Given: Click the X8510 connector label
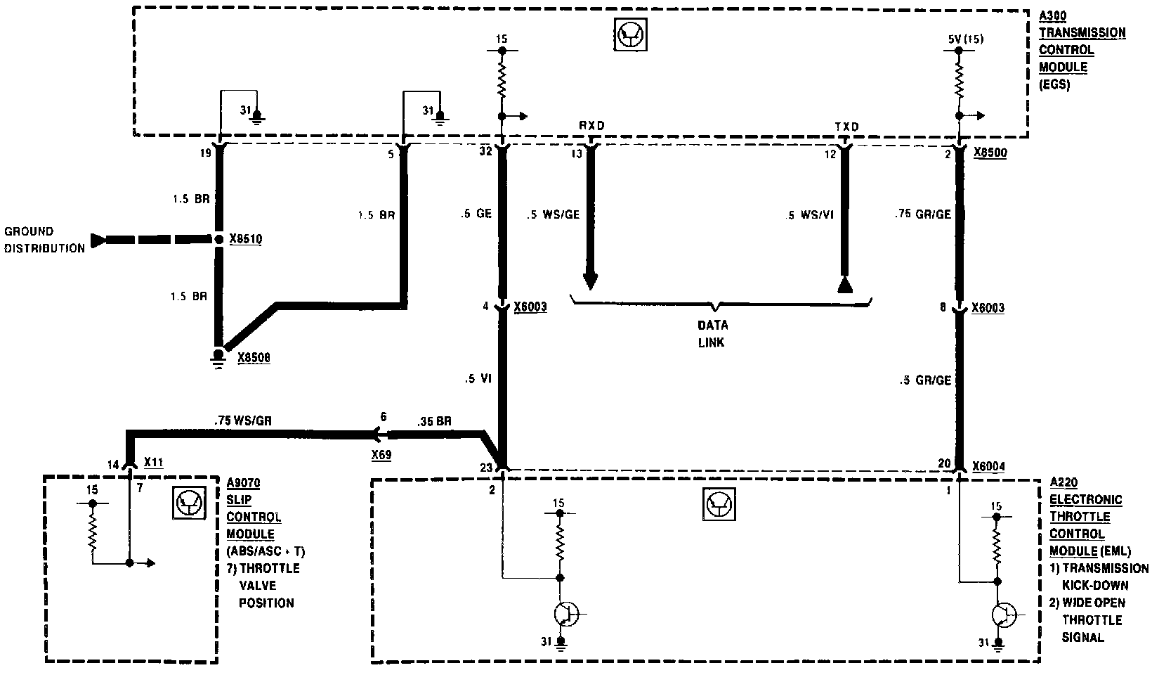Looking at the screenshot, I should pyautogui.click(x=245, y=239).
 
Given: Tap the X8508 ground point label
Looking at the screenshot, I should pyautogui.click(x=254, y=358).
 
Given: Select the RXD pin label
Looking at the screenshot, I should pyautogui.click(x=591, y=126).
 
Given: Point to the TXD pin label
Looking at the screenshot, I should pyautogui.click(x=846, y=127).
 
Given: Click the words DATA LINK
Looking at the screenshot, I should pyautogui.click(x=712, y=334).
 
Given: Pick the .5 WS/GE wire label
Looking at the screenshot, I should pyautogui.click(x=553, y=214).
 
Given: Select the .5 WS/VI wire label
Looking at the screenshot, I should pyautogui.click(x=809, y=215).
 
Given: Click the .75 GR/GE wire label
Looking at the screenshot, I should pyautogui.click(x=923, y=214).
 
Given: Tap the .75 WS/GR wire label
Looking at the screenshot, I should pyautogui.click(x=243, y=421).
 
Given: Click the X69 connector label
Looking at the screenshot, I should pyautogui.click(x=381, y=455).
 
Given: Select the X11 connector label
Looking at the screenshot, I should pyautogui.click(x=154, y=463).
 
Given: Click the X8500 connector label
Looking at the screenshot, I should pyautogui.click(x=990, y=154).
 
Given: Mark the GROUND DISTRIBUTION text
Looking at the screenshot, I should pyautogui.click(x=44, y=239).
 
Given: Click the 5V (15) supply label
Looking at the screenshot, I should pyautogui.click(x=965, y=39).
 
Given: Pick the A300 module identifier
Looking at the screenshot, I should pyautogui.click(x=1052, y=15).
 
